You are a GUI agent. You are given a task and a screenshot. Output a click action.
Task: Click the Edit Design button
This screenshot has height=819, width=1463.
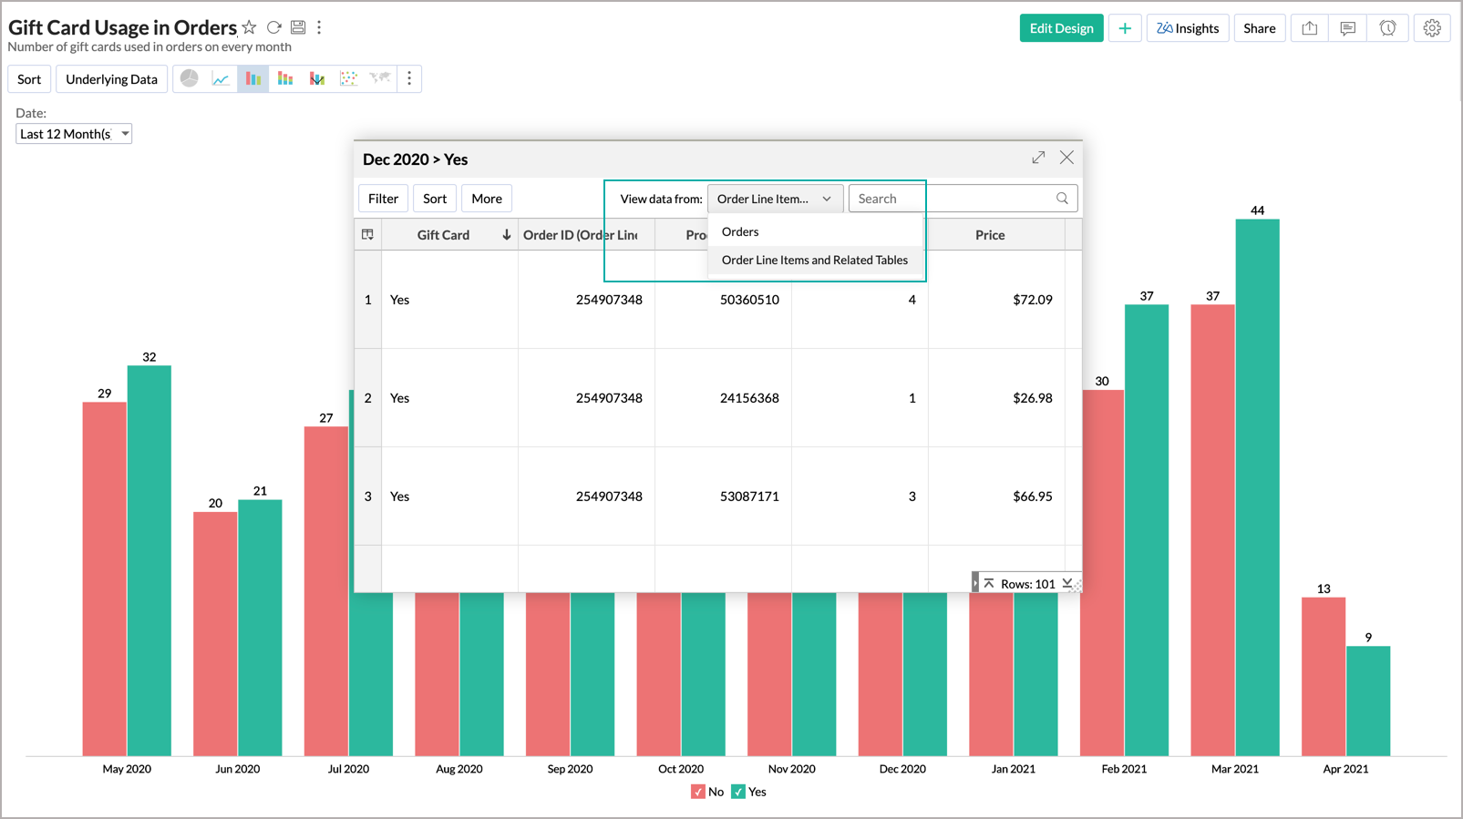click(1061, 28)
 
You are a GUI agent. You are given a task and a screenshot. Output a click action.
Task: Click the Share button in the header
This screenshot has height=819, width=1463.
click(1259, 28)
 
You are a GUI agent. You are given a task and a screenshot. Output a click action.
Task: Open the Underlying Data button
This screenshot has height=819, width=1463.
click(111, 79)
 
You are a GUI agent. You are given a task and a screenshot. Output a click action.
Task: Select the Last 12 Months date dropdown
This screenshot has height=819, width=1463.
click(74, 134)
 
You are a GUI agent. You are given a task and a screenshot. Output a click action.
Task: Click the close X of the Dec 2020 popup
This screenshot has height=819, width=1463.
click(1066, 158)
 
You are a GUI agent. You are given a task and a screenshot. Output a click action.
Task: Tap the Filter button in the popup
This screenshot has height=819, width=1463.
click(383, 199)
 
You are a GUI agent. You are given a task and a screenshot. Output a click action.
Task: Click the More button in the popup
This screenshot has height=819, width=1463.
click(486, 199)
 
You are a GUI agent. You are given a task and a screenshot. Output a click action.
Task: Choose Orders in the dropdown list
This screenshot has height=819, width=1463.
click(740, 231)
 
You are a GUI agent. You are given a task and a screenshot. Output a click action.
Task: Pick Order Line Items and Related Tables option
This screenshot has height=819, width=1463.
click(814, 260)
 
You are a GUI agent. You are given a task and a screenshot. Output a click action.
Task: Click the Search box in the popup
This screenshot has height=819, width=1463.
click(953, 199)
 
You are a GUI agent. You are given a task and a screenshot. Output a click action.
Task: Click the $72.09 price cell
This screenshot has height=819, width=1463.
click(1032, 300)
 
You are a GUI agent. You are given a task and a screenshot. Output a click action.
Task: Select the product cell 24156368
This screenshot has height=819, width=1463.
click(749, 398)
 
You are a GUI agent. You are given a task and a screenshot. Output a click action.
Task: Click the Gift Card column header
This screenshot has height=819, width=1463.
click(443, 235)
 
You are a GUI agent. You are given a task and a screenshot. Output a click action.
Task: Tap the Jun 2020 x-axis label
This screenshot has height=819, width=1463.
click(237, 769)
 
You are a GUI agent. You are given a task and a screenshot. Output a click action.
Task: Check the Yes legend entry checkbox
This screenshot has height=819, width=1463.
click(738, 792)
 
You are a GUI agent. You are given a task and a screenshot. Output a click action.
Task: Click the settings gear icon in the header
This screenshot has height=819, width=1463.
click(1431, 28)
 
